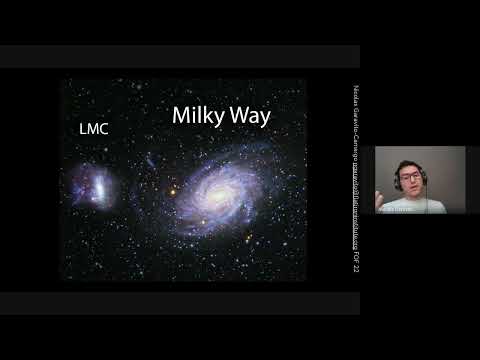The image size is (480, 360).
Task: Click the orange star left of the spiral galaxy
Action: tap(171, 189)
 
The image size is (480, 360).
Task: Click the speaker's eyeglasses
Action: tap(411, 176)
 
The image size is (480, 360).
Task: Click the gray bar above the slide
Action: tap(180, 56)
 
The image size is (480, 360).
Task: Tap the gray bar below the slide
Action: tap(180, 303)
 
